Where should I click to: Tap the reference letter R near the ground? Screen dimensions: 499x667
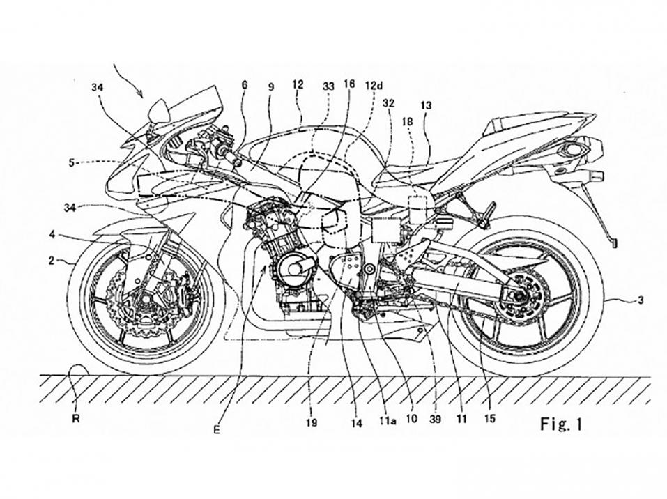click(75, 420)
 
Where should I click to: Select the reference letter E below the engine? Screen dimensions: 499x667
click(217, 430)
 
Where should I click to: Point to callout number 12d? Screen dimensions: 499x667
click(375, 85)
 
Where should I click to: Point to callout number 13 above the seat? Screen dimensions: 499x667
click(426, 105)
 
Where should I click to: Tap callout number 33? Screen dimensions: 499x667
click(328, 84)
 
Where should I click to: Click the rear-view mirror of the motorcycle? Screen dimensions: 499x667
click(159, 109)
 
